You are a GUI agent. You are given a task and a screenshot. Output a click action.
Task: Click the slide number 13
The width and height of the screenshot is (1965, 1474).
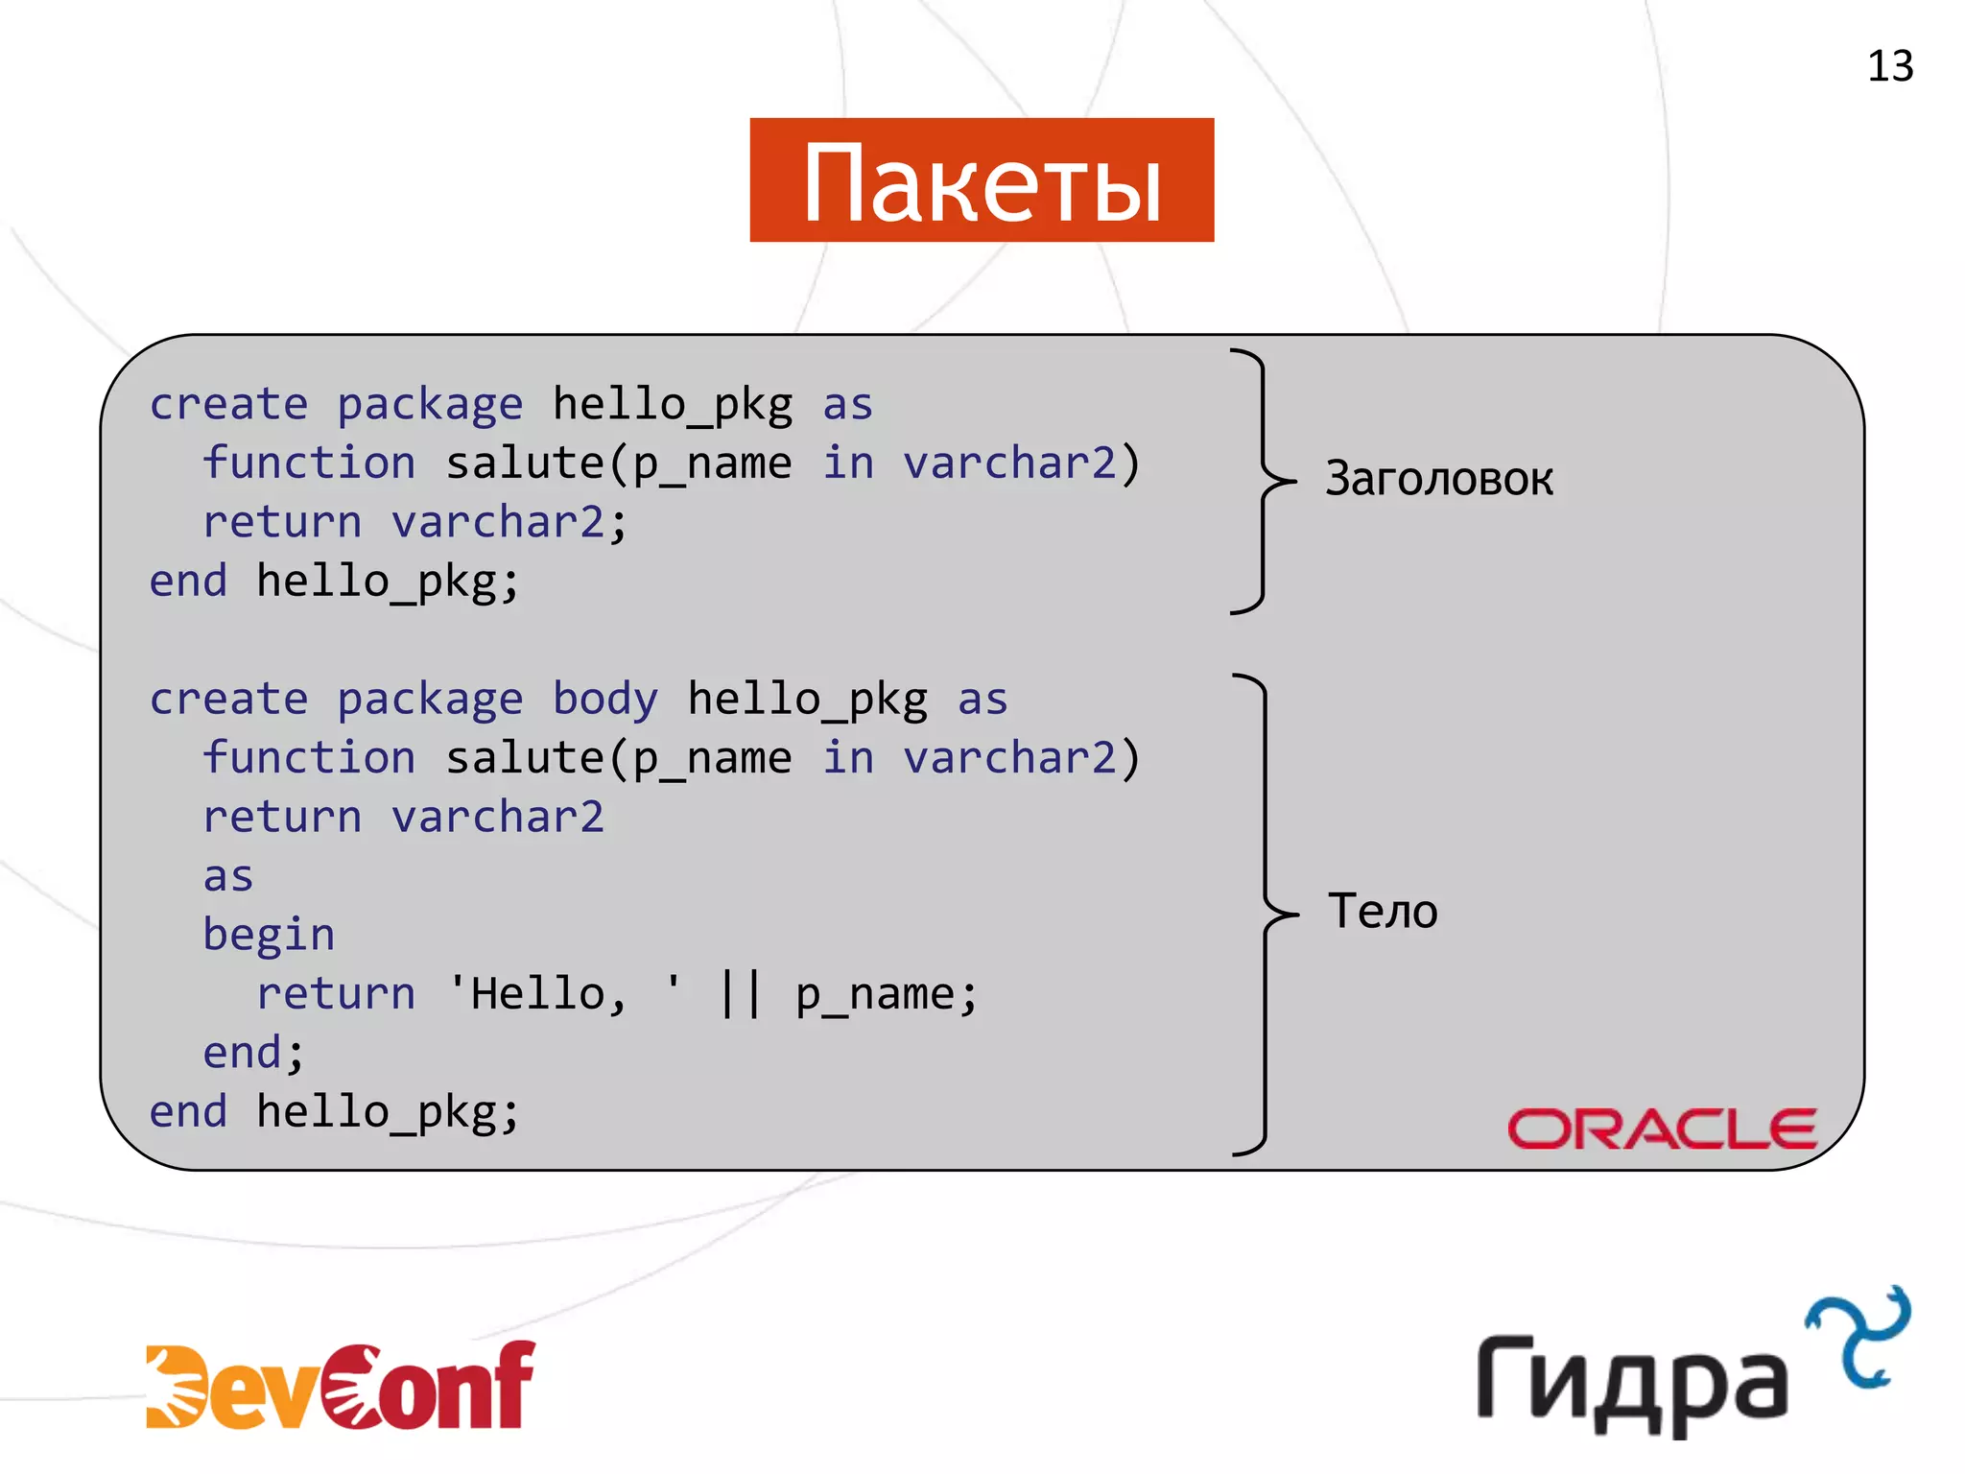pyautogui.click(x=1889, y=67)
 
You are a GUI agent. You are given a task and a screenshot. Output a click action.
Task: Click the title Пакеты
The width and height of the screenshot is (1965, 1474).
pyautogui.click(x=982, y=181)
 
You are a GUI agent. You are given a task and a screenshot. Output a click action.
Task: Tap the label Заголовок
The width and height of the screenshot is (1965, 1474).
pyautogui.click(x=1438, y=478)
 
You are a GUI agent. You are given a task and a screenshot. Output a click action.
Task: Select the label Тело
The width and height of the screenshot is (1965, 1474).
pyautogui.click(x=1383, y=911)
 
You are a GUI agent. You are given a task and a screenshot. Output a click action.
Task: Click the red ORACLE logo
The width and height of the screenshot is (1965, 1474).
pyautogui.click(x=1662, y=1129)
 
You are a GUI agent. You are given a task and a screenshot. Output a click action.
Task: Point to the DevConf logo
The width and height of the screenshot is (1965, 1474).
pyautogui.click(x=341, y=1385)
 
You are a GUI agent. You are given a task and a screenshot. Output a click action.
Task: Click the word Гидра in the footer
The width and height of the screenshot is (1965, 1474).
pyautogui.click(x=1632, y=1381)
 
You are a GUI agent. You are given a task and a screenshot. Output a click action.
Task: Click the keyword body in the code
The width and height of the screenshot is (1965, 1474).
pyautogui.click(x=605, y=699)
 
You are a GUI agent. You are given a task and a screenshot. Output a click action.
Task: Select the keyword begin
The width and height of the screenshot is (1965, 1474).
pyautogui.click(x=269, y=935)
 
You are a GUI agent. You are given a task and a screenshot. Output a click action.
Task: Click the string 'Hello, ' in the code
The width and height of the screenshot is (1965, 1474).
pyautogui.click(x=564, y=994)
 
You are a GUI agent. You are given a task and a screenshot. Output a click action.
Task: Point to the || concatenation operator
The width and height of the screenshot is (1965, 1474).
pyautogui.click(x=741, y=994)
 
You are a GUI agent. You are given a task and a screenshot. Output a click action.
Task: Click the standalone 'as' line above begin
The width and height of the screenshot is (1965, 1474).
pyautogui.click(x=228, y=876)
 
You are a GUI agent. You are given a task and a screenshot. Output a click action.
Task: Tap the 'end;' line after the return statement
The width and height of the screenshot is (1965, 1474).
pyautogui.click(x=253, y=1053)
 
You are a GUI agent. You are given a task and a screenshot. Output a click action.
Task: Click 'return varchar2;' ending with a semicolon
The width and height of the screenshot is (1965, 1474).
pyautogui.click(x=414, y=523)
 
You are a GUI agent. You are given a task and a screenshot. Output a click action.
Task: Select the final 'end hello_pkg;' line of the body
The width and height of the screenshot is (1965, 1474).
pyautogui.click(x=334, y=1112)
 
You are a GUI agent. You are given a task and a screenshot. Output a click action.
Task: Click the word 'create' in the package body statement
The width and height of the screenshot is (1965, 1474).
pyautogui.click(x=229, y=699)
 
